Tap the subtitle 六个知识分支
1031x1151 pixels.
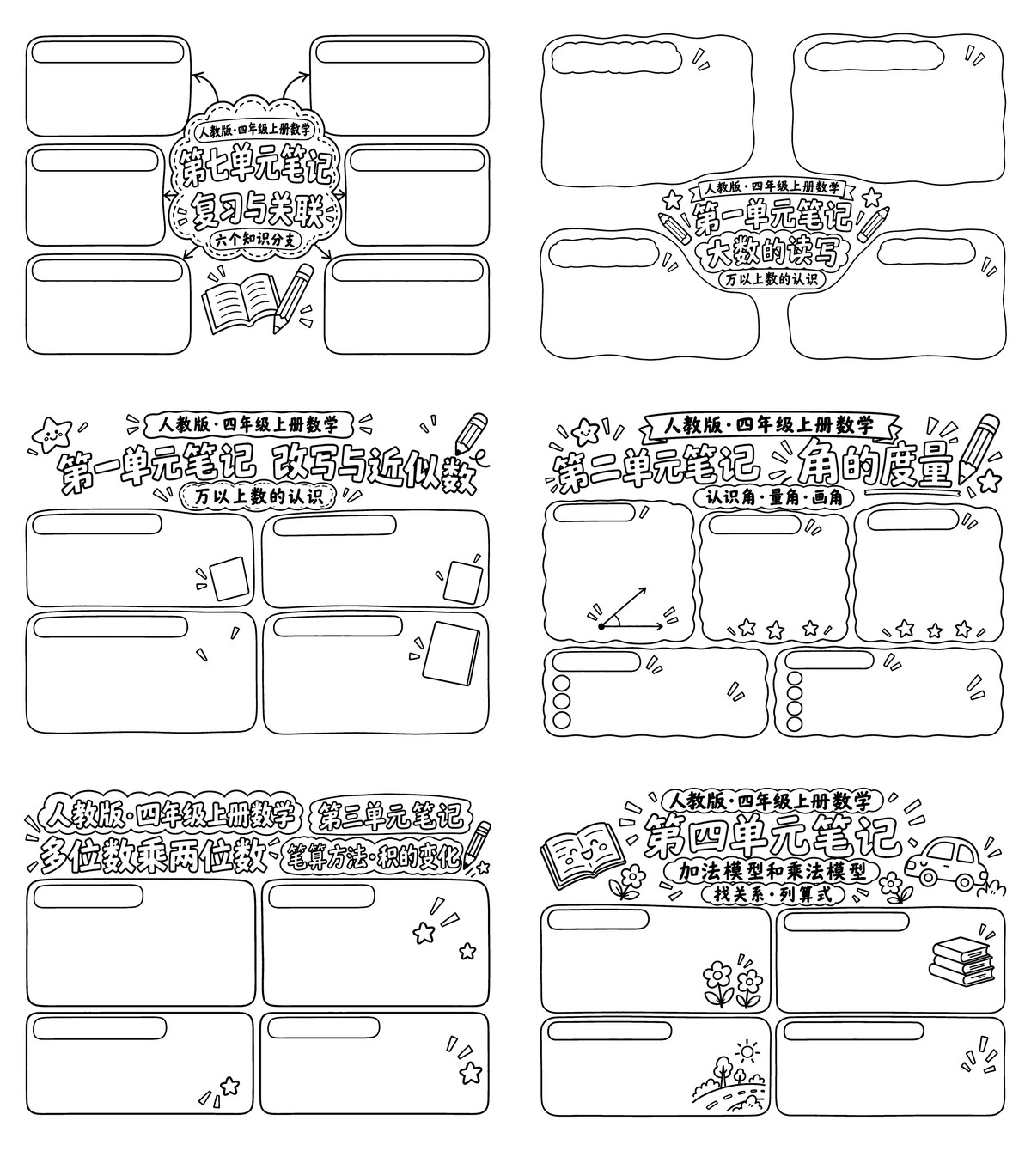pos(255,240)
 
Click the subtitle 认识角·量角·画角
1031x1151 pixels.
pos(773,497)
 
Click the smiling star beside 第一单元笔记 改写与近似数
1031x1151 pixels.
pos(52,434)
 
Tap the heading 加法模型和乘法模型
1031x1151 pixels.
pos(772,872)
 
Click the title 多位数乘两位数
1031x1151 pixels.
pos(154,856)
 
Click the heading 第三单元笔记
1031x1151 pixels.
pos(390,816)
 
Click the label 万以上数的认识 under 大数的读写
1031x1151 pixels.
pos(772,279)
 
